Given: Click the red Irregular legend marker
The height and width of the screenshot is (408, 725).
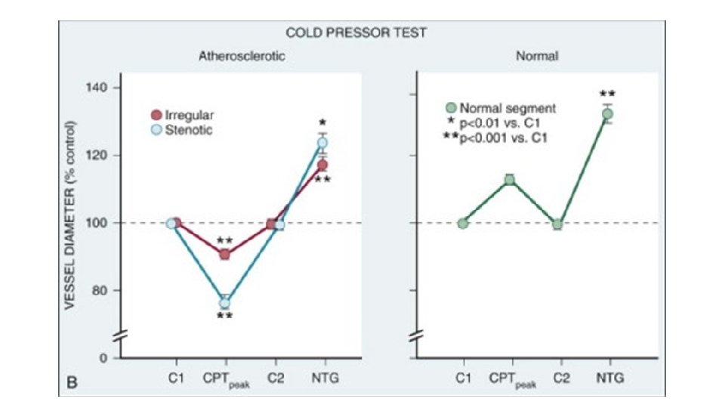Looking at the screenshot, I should (156, 116).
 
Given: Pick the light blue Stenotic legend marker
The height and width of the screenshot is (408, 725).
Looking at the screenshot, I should (156, 130).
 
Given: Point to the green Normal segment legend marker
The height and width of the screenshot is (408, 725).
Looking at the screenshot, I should (452, 108).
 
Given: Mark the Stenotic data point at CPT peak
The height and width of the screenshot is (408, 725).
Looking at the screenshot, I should (224, 303).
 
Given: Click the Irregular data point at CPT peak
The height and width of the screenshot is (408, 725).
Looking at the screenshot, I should (224, 254).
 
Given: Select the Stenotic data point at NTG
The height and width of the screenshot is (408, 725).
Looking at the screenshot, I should (322, 142).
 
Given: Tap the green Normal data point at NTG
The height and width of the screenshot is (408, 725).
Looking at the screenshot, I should (607, 114).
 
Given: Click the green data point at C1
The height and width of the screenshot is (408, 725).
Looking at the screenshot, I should (462, 223).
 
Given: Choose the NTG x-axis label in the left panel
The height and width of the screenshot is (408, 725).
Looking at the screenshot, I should (322, 377).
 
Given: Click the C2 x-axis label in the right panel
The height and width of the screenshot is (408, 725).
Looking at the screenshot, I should (558, 377).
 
